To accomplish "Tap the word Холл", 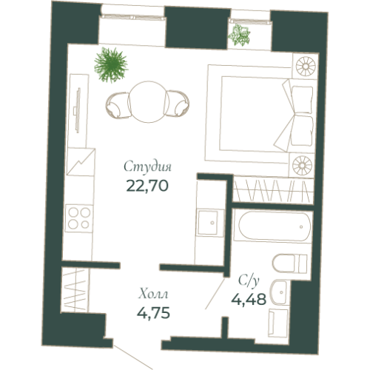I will [153, 294].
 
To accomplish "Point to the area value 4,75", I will [154, 312].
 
